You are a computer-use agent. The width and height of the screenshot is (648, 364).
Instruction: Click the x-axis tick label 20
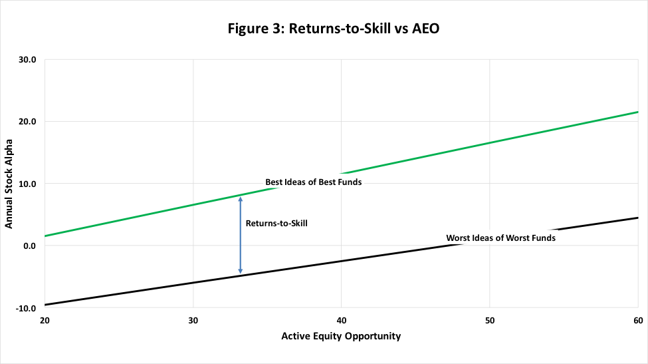45,319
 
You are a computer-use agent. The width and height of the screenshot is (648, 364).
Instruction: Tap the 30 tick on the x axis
193,319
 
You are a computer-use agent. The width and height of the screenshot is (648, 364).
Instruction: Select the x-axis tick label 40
341,319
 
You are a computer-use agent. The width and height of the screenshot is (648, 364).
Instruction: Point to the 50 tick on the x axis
489,319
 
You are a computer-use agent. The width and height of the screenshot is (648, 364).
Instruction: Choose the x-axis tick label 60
637,319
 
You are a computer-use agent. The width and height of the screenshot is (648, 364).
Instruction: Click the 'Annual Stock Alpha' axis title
9,184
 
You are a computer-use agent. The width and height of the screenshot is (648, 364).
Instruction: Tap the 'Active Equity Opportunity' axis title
341,336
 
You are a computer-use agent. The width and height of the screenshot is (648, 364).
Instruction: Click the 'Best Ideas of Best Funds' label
314,182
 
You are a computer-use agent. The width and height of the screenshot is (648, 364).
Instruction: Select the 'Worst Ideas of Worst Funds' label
500,238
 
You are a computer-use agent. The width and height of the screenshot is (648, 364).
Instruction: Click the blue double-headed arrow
241,235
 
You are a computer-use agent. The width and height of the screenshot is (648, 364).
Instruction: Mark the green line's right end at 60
637,112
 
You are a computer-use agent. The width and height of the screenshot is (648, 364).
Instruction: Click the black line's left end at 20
45,305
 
